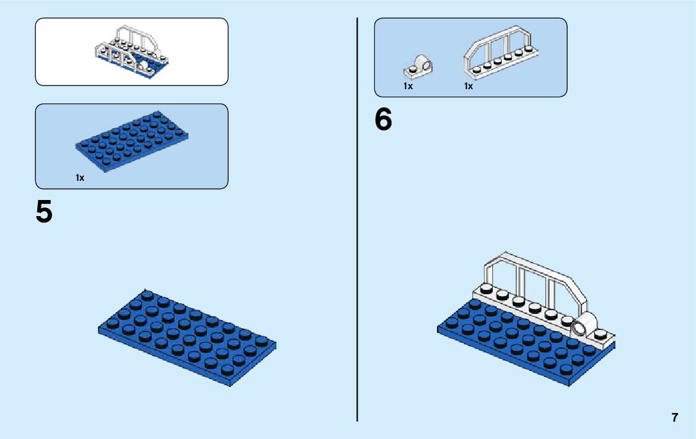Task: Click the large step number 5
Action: click(44, 212)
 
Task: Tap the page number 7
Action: click(675, 417)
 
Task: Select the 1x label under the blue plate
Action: click(80, 178)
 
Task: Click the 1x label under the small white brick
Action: click(408, 87)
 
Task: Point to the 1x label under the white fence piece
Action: click(469, 87)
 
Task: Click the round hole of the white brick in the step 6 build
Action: click(581, 328)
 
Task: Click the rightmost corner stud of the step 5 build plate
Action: click(261, 341)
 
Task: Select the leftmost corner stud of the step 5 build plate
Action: click(113, 323)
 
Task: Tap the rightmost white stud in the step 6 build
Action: click(601, 333)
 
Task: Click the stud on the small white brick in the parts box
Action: click(412, 64)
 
